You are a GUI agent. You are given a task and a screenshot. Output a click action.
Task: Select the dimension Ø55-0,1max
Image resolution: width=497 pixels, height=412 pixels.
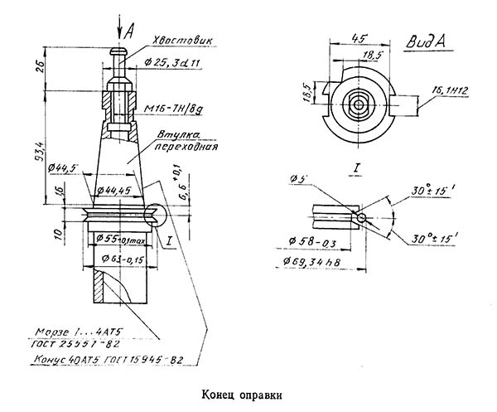123,240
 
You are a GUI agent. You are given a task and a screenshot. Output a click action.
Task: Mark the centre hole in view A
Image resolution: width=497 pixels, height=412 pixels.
359,105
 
